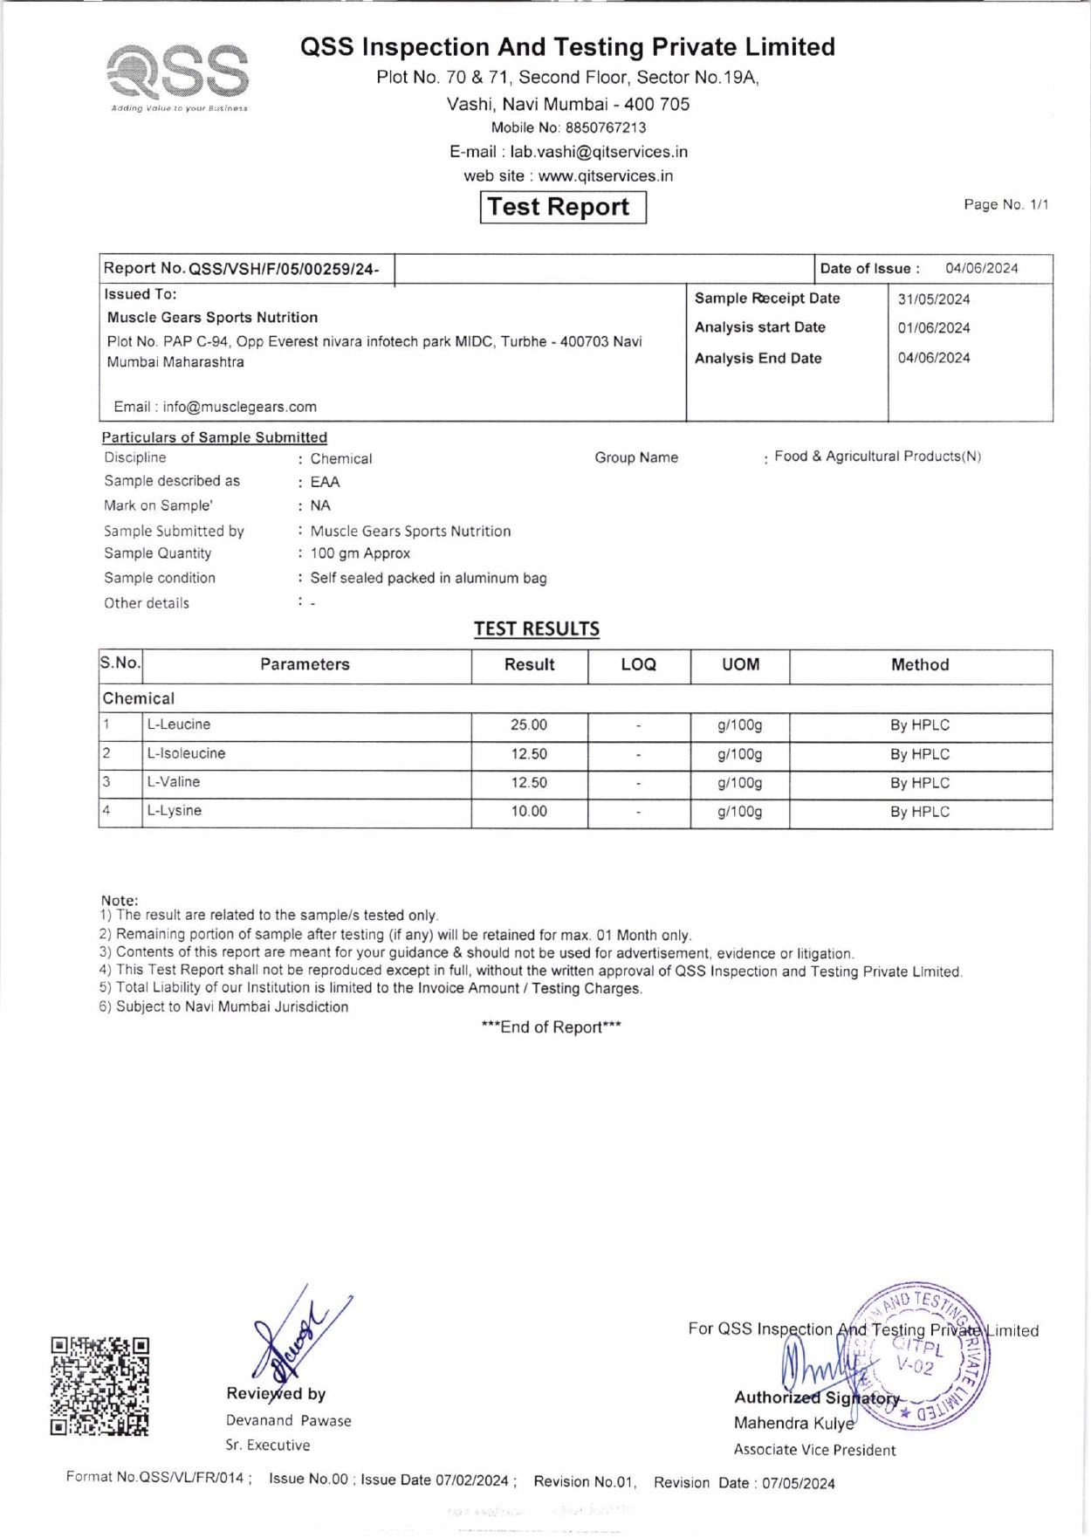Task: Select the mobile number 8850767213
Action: [x=606, y=127]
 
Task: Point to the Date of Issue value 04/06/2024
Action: [x=981, y=269]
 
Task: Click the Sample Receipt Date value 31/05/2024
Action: [x=934, y=299]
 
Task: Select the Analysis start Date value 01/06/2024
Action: [x=934, y=328]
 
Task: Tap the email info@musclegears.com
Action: [x=239, y=407]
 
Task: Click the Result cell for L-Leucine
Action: [x=529, y=725]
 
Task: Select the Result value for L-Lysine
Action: [x=529, y=812]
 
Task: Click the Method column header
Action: [x=920, y=665]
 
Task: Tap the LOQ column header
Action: [x=638, y=665]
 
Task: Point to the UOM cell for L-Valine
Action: [x=739, y=783]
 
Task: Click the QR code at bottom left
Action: [x=99, y=1386]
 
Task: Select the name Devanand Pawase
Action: [x=288, y=1421]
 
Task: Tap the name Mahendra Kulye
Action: [x=793, y=1424]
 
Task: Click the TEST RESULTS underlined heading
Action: [x=537, y=629]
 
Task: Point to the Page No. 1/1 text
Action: [x=1005, y=205]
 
